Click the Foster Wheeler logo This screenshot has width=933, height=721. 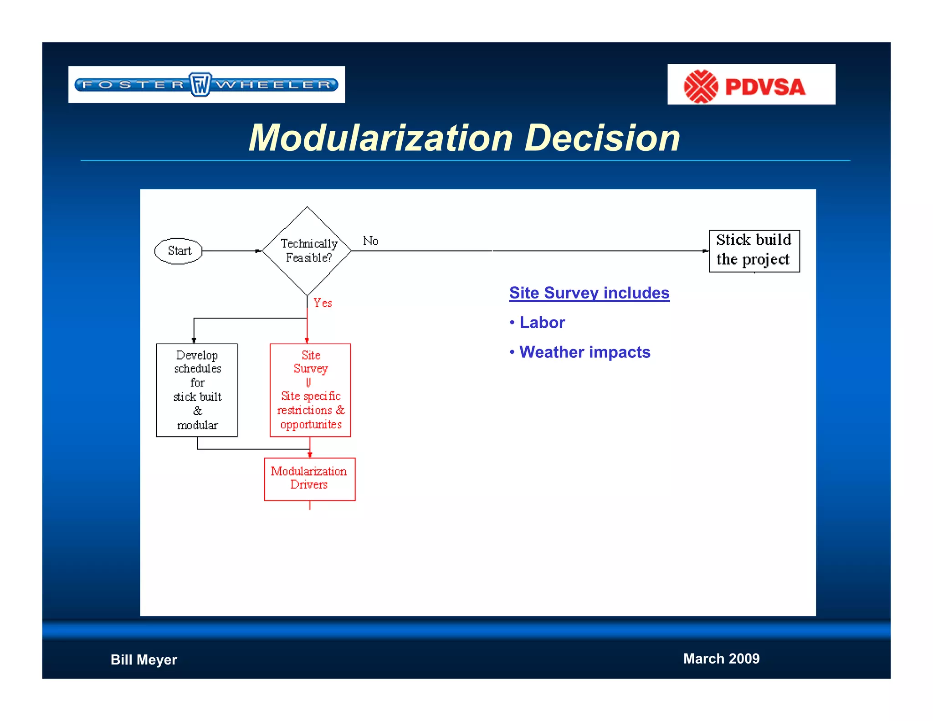click(x=206, y=85)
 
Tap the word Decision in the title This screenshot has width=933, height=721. click(x=602, y=138)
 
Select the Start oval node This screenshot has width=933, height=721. click(x=179, y=251)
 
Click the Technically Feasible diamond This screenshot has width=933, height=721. click(x=308, y=251)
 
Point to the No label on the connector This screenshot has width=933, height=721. click(x=370, y=241)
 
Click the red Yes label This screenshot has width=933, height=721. click(x=323, y=303)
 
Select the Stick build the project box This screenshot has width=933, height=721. click(x=754, y=251)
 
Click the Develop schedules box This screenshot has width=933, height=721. click(x=197, y=390)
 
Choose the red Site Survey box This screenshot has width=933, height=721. click(x=310, y=390)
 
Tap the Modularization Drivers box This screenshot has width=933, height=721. click(x=309, y=479)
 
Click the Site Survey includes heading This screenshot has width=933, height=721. click(x=589, y=293)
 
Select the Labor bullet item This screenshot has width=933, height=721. click(x=542, y=323)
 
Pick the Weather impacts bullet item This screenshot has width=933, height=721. click(x=584, y=352)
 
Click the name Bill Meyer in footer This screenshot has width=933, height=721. click(x=144, y=659)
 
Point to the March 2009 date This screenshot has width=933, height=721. click(x=721, y=659)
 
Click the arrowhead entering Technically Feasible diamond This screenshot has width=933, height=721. click(x=259, y=251)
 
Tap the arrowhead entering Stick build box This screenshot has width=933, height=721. click(x=706, y=251)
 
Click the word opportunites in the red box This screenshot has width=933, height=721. click(x=311, y=424)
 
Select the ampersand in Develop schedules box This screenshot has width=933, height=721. click(x=197, y=411)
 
